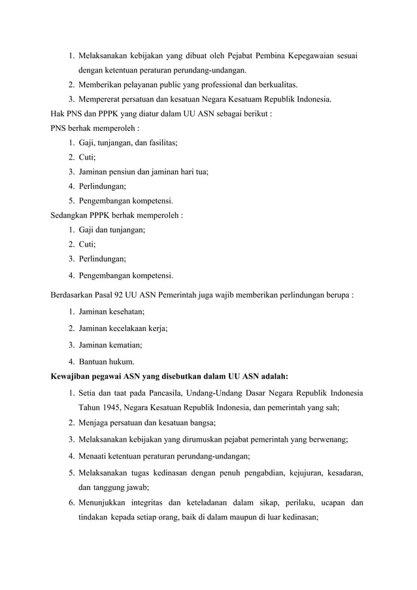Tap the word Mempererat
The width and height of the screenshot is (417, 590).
(x=101, y=99)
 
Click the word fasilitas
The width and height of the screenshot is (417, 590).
(x=161, y=143)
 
